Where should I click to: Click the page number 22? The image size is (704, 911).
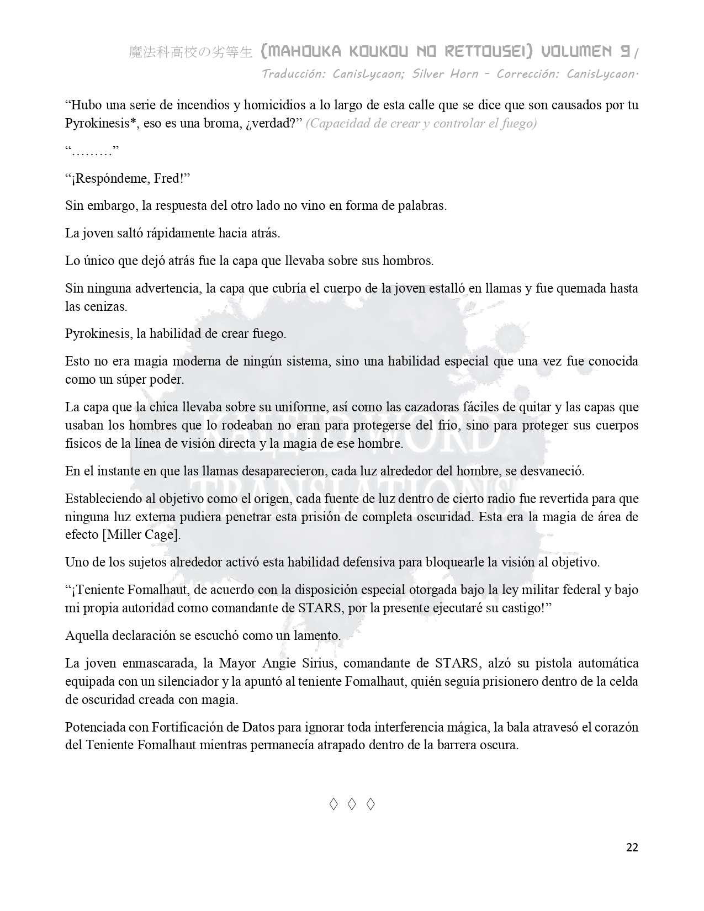(632, 848)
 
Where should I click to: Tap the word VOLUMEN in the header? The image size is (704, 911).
(576, 52)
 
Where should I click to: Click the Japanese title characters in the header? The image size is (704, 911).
(190, 52)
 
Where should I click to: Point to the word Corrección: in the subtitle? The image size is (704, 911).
(528, 73)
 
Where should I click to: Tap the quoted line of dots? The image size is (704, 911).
(92, 151)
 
